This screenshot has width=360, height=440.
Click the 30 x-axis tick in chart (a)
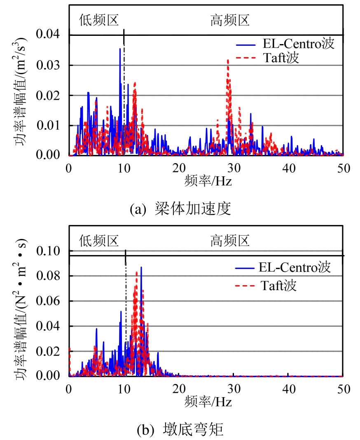coord(234,168)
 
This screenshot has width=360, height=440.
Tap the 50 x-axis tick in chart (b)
coord(343,389)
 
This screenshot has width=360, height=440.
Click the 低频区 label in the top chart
coord(99,20)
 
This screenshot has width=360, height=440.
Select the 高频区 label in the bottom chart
coord(230,241)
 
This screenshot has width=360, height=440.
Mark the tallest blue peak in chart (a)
coord(120,49)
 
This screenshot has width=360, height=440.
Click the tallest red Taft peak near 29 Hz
coord(228,60)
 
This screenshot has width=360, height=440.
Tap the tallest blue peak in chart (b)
coord(141,267)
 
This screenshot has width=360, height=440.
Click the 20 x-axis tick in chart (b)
coord(178,389)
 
